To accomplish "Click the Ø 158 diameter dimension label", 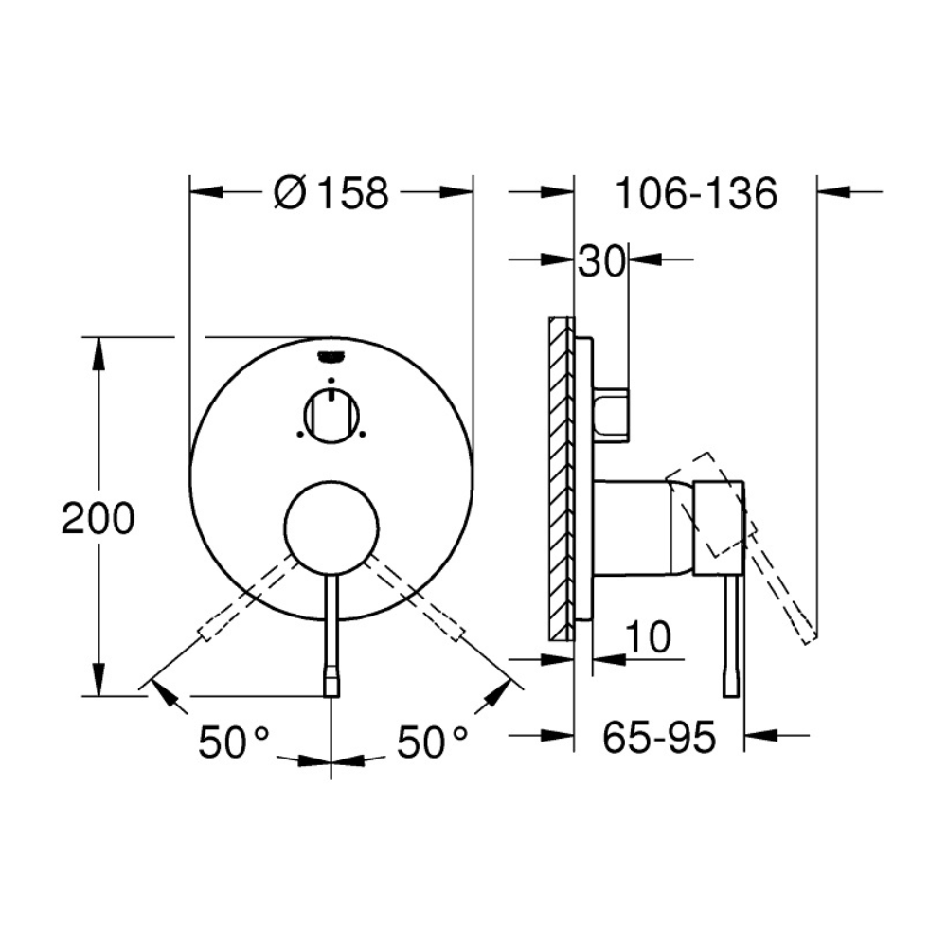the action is pos(331,193).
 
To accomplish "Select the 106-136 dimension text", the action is pos(696,194).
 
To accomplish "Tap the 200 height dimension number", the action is pos(98,518).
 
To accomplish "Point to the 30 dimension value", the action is pos(601,261).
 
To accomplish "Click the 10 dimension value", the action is pos(648,636).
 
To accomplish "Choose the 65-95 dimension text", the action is pos(659,737).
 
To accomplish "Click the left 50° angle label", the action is pos(233,742).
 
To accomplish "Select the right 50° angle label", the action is pos(432,742).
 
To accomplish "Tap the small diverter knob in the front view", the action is pos(331,416).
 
